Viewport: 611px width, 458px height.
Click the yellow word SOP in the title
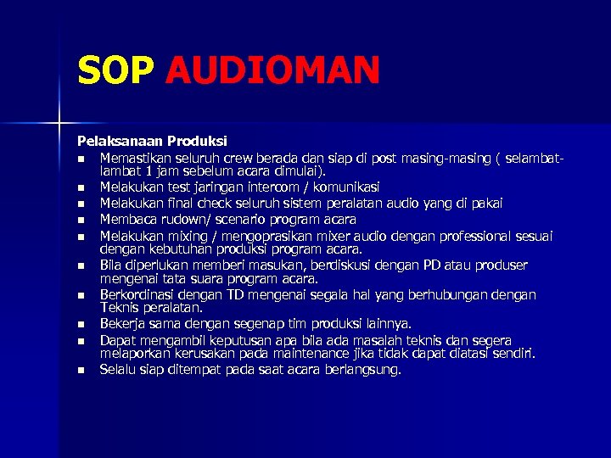[115, 70]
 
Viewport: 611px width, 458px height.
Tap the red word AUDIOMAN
[272, 70]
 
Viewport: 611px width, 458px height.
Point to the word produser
[498, 265]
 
